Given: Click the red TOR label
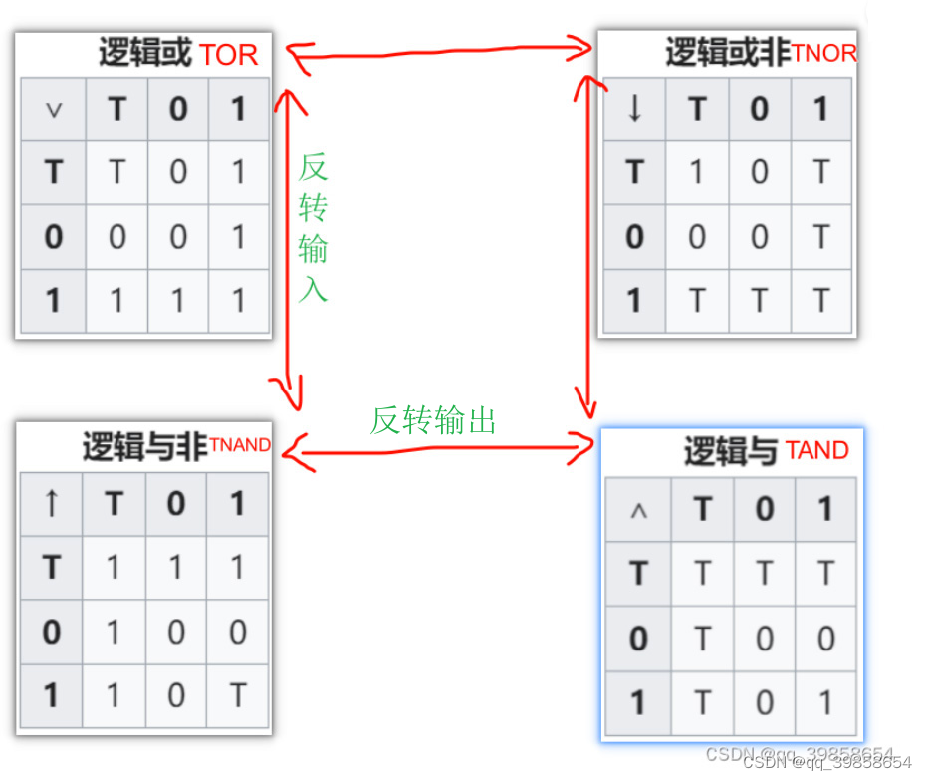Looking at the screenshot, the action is point(229,55).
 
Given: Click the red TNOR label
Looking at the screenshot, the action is point(823,53).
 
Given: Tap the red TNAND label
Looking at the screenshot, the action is point(239,445).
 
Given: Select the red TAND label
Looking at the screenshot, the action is point(816,451).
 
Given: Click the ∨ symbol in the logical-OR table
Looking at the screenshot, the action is point(54,110).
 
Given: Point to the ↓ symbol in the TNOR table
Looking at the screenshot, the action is point(634,109).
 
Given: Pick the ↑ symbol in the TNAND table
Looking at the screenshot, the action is point(52,503).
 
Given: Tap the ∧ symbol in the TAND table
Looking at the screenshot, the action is point(639,510).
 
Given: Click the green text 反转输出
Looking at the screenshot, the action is point(432,420).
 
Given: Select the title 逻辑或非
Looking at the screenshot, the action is point(727,53).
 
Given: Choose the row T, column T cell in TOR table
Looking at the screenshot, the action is point(116,173).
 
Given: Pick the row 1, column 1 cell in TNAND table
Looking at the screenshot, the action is point(237,695).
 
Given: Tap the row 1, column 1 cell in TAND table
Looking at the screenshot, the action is point(824,703).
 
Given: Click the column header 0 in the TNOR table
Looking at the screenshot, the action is point(760,109).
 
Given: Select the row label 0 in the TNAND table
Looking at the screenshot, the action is point(52,632).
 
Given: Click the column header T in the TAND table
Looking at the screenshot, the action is point(703,510).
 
